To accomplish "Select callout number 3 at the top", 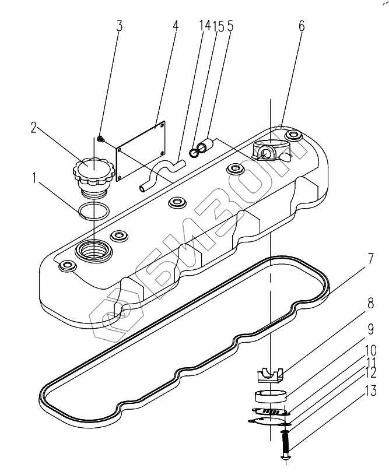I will tap(119, 26).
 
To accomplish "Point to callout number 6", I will tap(301, 26).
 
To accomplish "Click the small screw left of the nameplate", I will tap(101, 138).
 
